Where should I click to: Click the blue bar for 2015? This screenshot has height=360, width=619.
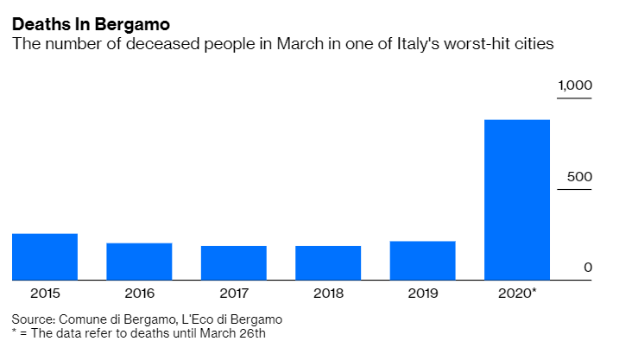click(45, 256)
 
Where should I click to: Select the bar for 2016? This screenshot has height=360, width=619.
click(139, 262)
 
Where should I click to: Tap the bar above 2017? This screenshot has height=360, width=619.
click(234, 262)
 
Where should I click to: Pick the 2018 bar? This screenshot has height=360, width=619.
click(328, 262)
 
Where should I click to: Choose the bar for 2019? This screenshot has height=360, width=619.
click(422, 261)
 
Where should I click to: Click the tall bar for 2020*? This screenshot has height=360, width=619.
click(517, 199)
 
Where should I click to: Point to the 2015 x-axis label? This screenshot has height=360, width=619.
click(45, 294)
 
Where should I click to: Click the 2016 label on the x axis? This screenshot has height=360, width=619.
click(139, 294)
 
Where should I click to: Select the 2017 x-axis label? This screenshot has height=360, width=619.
click(234, 294)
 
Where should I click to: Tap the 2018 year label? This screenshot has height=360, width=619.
click(328, 294)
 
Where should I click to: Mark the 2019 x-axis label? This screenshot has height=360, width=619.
click(422, 294)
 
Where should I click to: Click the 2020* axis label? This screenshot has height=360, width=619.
click(518, 294)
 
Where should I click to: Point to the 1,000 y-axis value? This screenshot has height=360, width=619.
click(575, 85)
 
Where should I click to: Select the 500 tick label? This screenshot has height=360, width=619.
click(579, 177)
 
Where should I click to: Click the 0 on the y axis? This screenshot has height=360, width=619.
click(588, 268)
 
